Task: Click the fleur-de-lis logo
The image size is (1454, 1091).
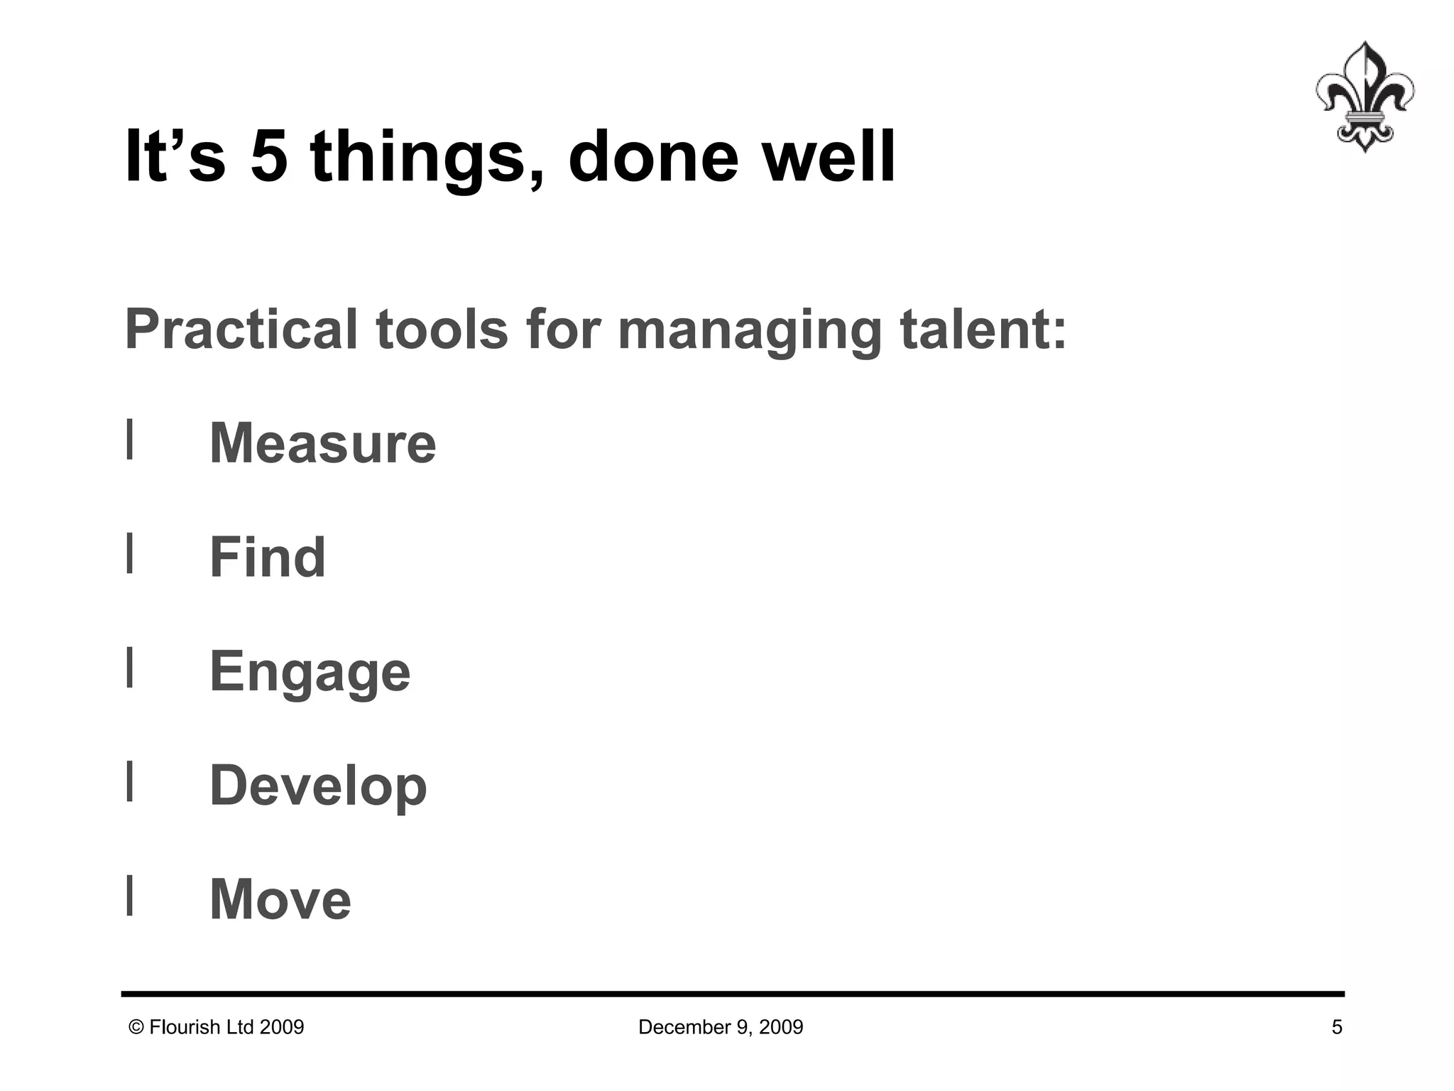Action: point(1364,97)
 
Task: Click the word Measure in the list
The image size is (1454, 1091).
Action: point(322,443)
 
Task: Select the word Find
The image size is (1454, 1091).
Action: point(267,558)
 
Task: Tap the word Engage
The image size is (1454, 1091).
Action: point(310,672)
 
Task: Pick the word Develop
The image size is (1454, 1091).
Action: point(318,786)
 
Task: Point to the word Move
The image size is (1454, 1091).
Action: point(280,899)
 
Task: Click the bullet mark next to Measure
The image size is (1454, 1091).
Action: point(129,440)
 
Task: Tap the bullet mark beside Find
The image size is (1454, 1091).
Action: point(129,553)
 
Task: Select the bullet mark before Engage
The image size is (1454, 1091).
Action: point(129,668)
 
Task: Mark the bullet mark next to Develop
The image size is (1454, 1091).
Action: point(129,781)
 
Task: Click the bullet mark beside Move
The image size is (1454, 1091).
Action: point(129,896)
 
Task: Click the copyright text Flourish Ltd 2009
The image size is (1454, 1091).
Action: point(217,1027)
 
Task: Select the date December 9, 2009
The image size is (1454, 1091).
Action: point(721,1027)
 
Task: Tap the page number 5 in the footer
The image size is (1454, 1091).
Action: point(1336,1027)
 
